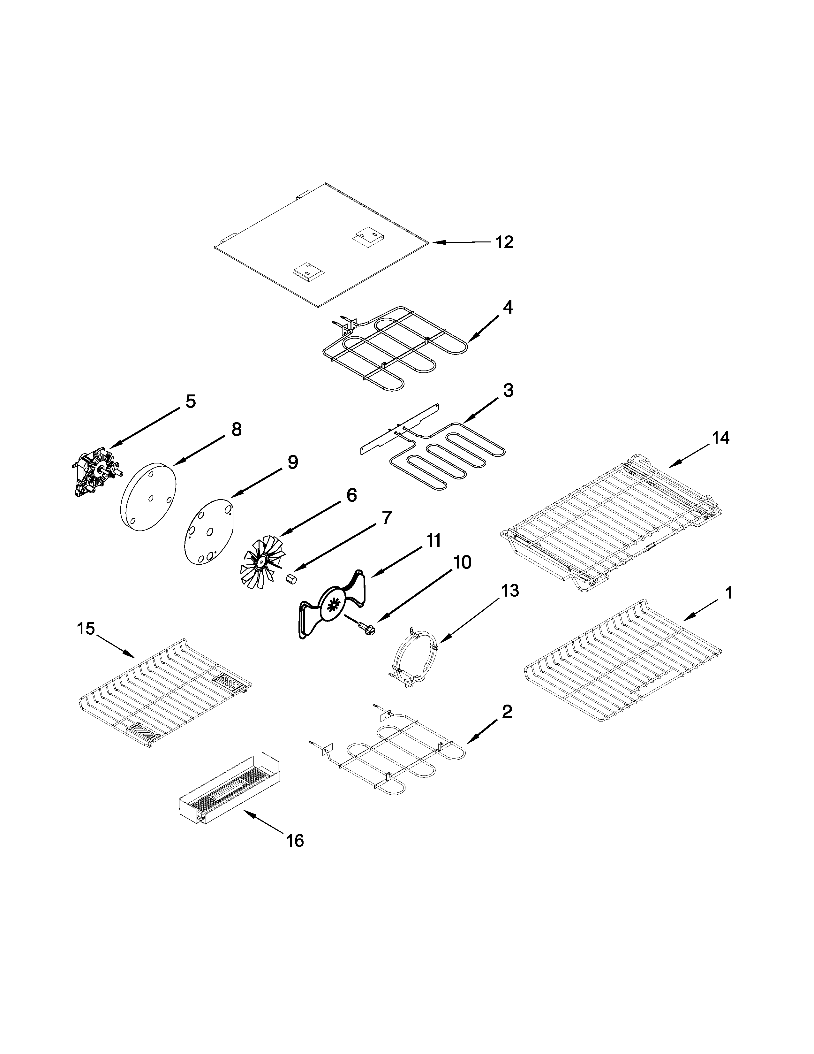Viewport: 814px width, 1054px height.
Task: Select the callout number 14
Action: [721, 438]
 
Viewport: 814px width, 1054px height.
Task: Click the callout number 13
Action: [510, 590]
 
